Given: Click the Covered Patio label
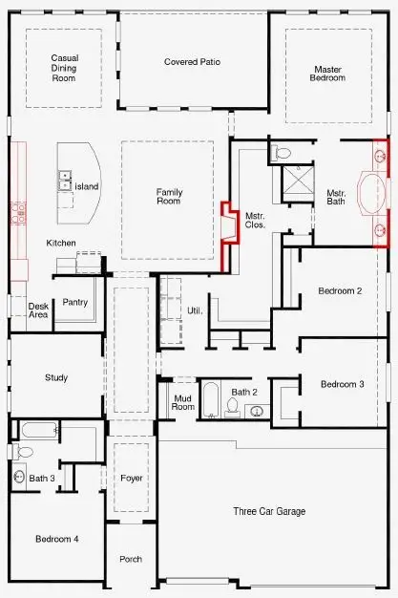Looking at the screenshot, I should tap(192, 62).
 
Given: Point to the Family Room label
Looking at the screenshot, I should tap(169, 196).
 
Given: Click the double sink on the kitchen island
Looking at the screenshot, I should tap(66, 179).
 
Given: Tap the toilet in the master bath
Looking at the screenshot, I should tap(283, 152).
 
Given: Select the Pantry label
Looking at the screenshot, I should tap(75, 302).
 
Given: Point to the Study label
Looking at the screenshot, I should tap(56, 377).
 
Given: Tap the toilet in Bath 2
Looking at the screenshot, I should tap(232, 407).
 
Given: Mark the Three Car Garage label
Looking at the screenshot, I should tap(269, 512).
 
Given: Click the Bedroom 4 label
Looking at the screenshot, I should tap(56, 539).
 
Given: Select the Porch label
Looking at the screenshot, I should tap(130, 559).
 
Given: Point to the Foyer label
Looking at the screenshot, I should tap(131, 477).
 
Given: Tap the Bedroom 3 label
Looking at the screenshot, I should tap(342, 384).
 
